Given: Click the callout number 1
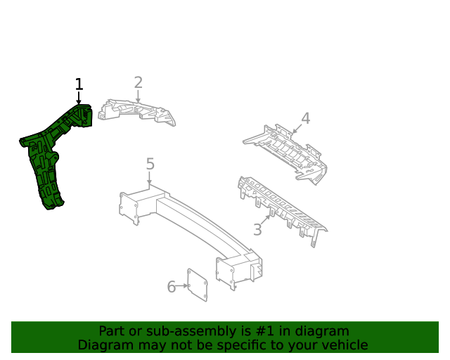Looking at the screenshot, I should tap(79, 84).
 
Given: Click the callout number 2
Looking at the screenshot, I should tap(138, 82).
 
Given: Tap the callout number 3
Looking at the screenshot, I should tap(257, 230).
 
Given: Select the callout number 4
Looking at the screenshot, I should tap(305, 118).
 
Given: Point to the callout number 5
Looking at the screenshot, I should tap(150, 164).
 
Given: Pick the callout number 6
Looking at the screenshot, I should tap(172, 286).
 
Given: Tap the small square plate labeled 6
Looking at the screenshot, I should tap(198, 285).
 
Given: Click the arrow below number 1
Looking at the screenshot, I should tap(79, 98).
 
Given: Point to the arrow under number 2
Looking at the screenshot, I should tap(138, 96).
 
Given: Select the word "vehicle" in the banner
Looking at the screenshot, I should tap(342, 345).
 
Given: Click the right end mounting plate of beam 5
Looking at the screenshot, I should tap(225, 272).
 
